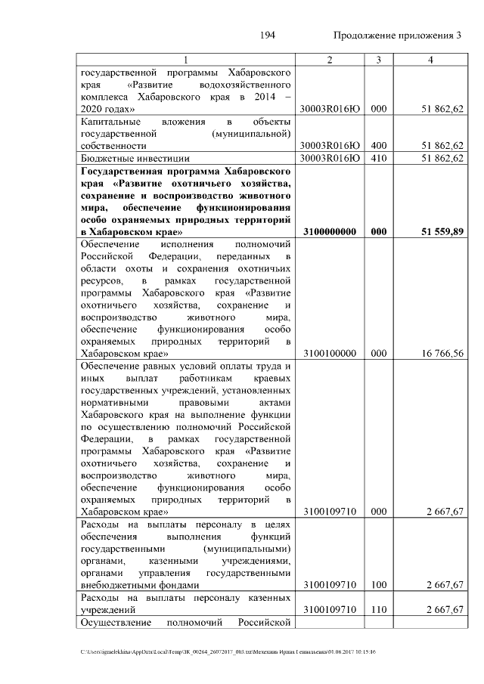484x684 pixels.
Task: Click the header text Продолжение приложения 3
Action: point(396,36)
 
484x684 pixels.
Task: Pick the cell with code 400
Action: point(379,145)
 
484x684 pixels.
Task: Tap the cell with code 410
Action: point(379,158)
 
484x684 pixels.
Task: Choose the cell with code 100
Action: point(379,584)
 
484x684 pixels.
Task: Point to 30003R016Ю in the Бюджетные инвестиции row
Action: point(328,158)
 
